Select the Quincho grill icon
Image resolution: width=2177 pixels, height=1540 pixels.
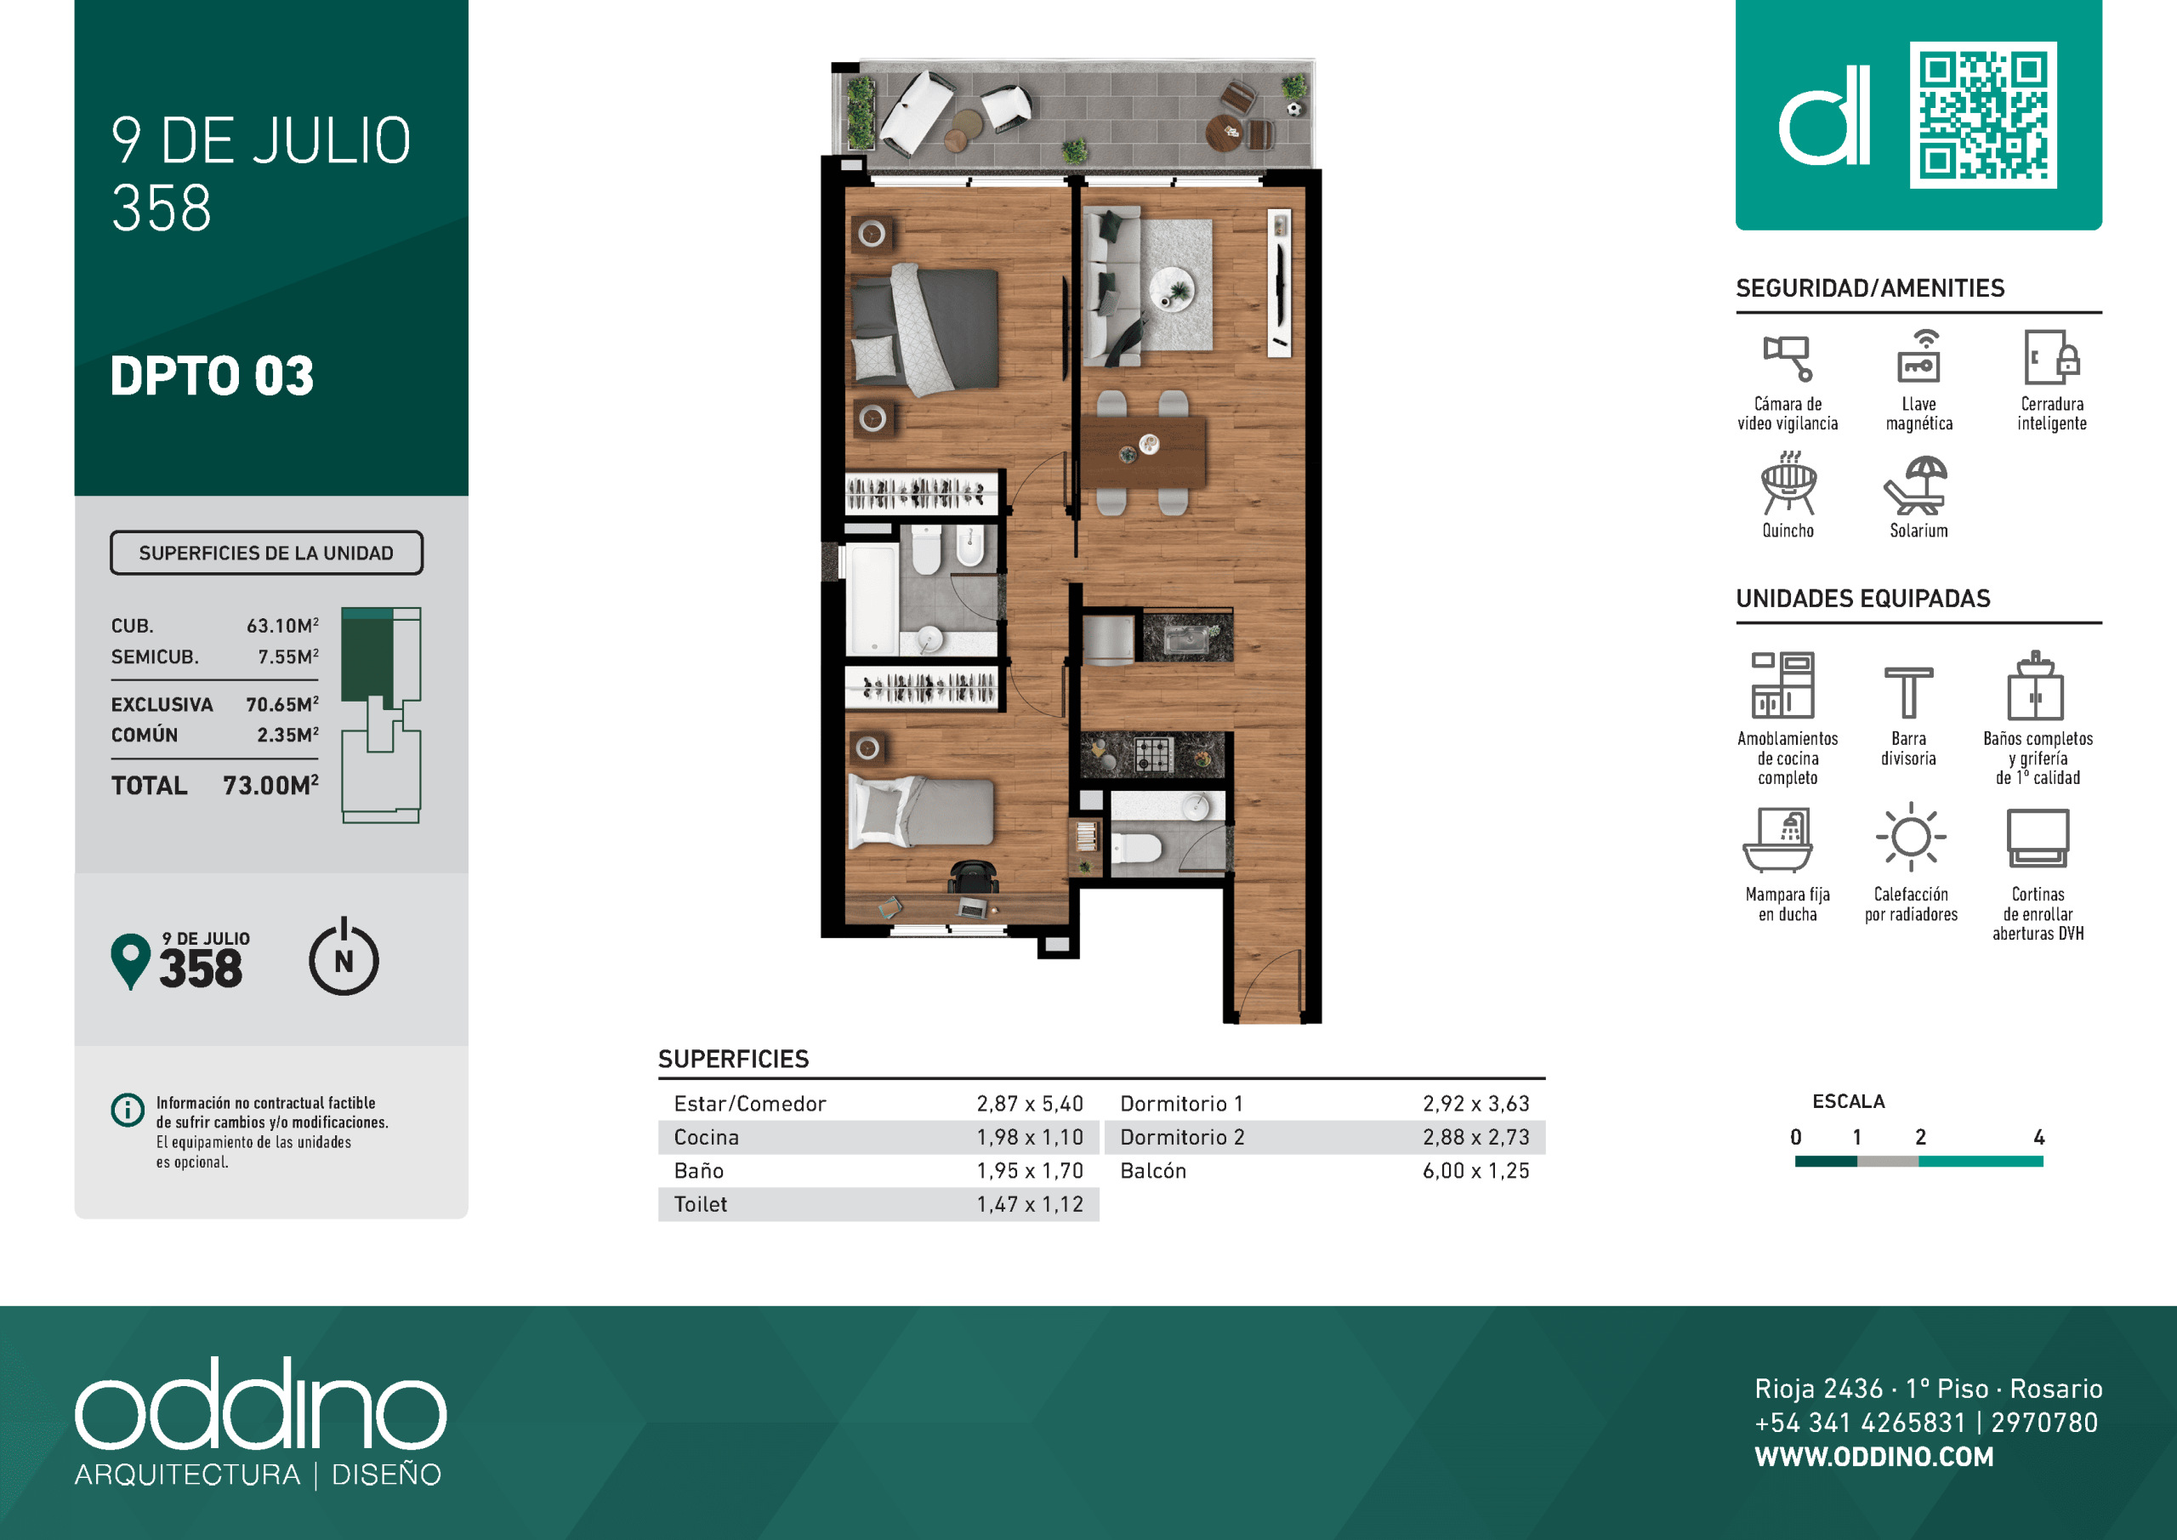1788,484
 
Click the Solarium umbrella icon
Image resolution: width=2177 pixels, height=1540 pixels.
1915,486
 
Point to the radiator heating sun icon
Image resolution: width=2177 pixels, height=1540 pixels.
1911,838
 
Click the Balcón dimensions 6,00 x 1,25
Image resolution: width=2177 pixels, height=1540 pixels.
1475,1170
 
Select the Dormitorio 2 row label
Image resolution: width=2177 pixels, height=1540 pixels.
1181,1137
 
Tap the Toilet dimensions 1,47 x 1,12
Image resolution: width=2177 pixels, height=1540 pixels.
1030,1204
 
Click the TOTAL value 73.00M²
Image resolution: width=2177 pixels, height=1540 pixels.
270,785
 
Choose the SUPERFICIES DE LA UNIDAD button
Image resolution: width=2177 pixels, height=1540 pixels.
266,553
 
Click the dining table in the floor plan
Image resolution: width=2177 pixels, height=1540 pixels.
1144,452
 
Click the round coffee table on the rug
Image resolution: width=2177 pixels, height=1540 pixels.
1172,287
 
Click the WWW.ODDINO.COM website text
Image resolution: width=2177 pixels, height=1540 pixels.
1873,1457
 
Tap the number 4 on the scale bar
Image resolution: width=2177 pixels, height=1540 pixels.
2038,1137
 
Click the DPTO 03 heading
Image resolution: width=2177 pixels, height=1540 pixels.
212,376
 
